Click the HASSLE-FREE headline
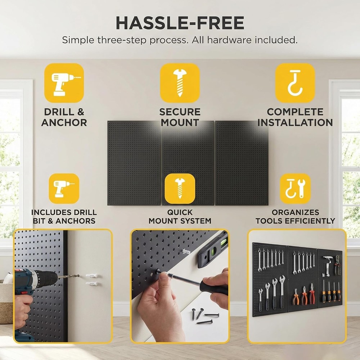pos(180,23)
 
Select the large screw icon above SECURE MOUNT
pos(180,83)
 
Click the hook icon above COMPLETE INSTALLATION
pos(295,83)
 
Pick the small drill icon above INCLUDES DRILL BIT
pos(64,188)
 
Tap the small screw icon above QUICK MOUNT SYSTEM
pos(180,188)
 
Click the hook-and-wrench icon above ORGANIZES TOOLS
pos(295,188)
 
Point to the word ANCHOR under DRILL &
pos(64,123)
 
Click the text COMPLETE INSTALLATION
pos(295,117)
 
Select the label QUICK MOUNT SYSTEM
pos(180,216)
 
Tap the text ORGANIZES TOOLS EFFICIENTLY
pos(295,216)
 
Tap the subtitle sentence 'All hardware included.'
pos(245,40)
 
